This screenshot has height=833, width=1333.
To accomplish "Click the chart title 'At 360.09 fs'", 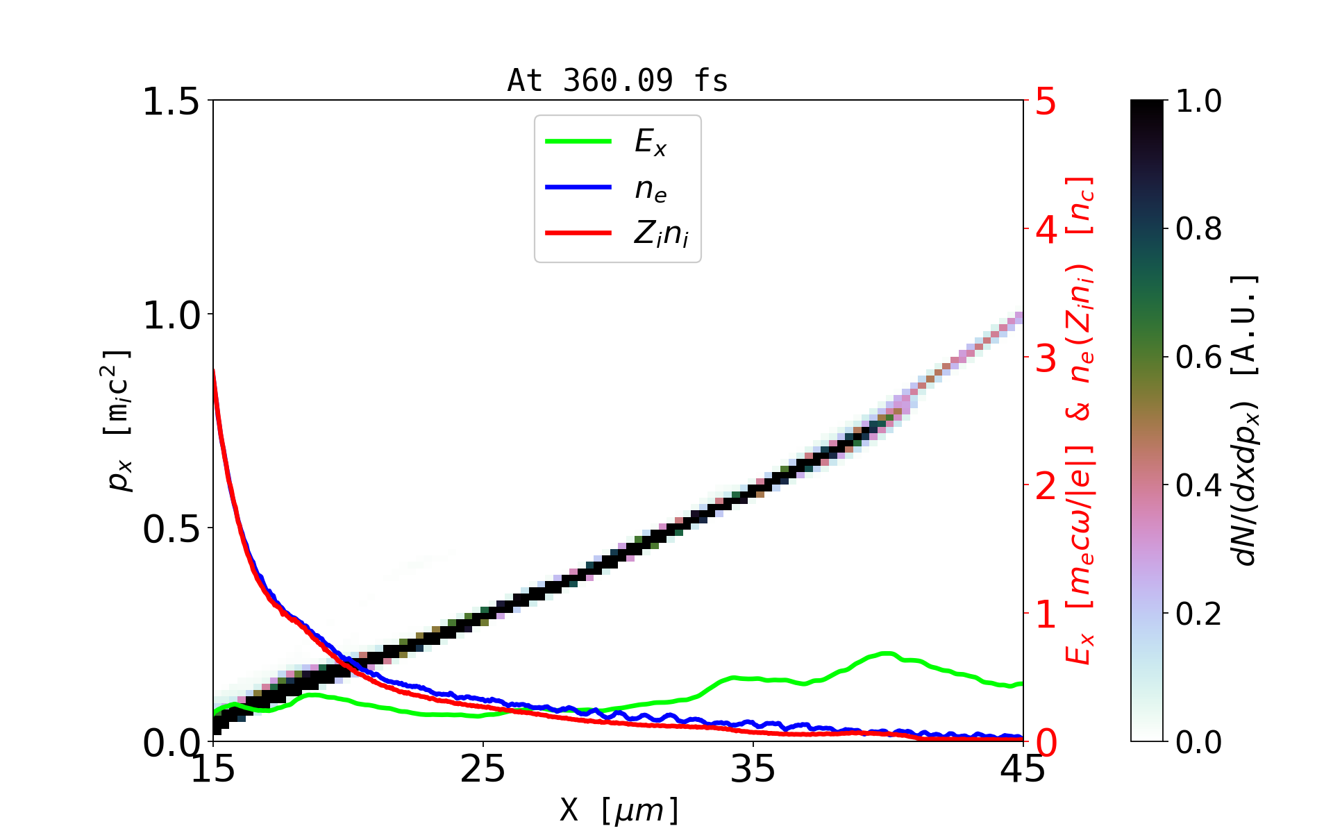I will (x=617, y=81).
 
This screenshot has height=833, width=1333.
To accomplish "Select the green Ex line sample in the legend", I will (x=578, y=142).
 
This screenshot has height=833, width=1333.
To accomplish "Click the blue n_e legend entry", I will (x=651, y=188).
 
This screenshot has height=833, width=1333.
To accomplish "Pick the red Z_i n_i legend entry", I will (x=661, y=234).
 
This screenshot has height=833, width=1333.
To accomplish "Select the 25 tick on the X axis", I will (x=483, y=770).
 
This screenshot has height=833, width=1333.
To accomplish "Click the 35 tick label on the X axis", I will (x=753, y=770).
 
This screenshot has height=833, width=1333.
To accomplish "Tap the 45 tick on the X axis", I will (x=1023, y=770).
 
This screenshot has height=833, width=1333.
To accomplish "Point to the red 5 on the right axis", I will (x=1046, y=102).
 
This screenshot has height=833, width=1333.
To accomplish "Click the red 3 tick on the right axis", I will (x=1046, y=358).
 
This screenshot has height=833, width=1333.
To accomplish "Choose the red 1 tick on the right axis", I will (x=1046, y=614).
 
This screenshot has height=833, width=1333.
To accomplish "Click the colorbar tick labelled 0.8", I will (x=1198, y=228).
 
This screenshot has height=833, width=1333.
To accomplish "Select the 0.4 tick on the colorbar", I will (x=1198, y=485).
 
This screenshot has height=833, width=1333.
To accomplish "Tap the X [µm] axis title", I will (x=619, y=809).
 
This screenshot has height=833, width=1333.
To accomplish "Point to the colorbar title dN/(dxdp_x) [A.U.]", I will (x=1246, y=421).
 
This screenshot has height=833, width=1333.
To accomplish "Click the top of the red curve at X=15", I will (x=214, y=371).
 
